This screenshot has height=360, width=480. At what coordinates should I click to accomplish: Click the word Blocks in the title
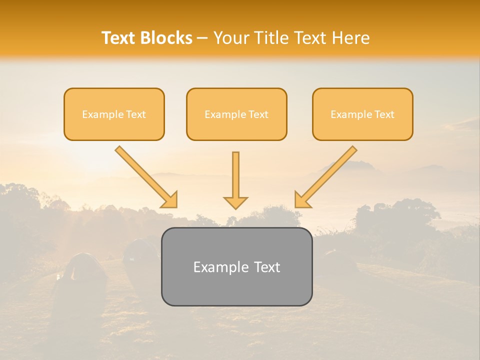click(166, 38)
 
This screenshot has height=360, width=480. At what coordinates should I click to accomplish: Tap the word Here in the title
click(351, 38)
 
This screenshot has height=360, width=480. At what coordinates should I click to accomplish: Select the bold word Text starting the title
click(119, 38)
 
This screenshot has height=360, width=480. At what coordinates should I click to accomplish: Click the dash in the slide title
click(202, 38)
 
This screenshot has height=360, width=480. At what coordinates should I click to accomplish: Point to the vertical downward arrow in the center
click(235, 175)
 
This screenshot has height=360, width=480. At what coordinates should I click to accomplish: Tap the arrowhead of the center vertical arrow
click(235, 202)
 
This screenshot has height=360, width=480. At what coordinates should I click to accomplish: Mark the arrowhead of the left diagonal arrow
click(170, 200)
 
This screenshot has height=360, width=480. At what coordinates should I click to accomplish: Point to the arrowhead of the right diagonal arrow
click(301, 200)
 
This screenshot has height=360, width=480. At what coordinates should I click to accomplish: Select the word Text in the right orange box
click(384, 114)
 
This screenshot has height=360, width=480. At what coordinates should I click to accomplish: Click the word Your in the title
click(231, 38)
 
